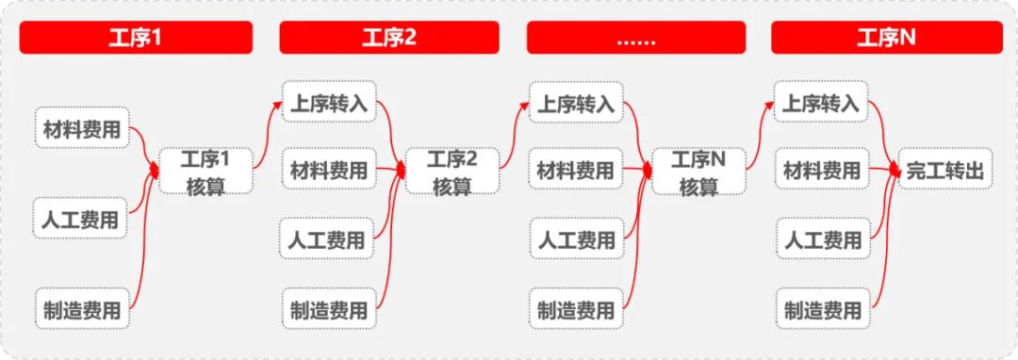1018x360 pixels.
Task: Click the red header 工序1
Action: [x=136, y=38]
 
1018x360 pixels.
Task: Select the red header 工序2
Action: [x=389, y=38]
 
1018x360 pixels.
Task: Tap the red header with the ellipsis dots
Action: [x=636, y=38]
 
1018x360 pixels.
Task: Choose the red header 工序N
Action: [x=887, y=38]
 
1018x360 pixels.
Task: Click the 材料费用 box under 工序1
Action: [x=82, y=130]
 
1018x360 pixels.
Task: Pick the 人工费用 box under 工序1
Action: [x=81, y=221]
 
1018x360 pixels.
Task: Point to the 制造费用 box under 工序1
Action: [x=82, y=308]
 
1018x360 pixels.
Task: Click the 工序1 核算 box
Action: [x=205, y=172]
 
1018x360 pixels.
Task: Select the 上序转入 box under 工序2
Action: [x=329, y=104]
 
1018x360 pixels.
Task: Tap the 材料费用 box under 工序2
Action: [x=329, y=171]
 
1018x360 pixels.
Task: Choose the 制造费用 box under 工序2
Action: [x=329, y=309]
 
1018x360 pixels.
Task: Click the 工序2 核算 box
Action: [x=452, y=172]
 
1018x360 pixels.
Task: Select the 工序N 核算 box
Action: [x=698, y=172]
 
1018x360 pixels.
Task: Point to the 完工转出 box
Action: [x=945, y=172]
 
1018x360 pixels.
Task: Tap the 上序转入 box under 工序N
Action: [x=822, y=104]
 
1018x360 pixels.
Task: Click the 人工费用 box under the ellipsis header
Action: [x=575, y=240]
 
